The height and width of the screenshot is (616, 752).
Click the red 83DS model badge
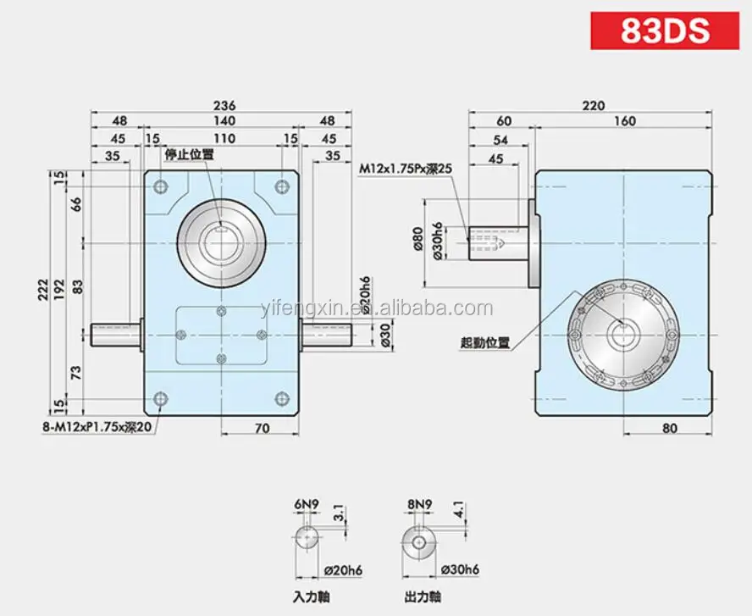point(665,31)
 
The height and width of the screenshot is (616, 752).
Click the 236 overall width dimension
point(224,105)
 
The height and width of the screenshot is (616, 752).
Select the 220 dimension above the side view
point(594,106)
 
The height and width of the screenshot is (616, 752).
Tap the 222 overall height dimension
point(44,289)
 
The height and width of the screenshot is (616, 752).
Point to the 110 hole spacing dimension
point(224,139)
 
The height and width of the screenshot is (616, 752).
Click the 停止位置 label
point(190,154)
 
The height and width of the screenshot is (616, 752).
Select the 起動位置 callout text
point(485,342)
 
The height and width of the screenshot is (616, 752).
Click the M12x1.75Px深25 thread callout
point(406,169)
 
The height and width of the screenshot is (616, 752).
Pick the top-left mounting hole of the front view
point(161,186)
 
